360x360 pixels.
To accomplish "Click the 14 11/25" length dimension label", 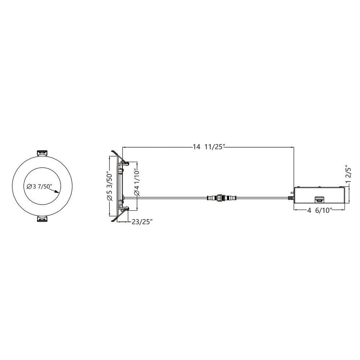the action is point(208,147).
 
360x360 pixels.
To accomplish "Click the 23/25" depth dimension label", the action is point(142,222).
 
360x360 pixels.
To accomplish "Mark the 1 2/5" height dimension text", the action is point(348,174).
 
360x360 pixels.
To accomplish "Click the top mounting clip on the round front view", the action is point(42,153).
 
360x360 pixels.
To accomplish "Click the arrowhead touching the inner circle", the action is point(57,192).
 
